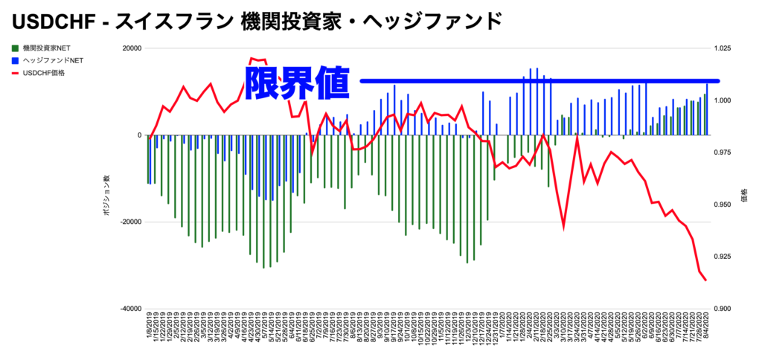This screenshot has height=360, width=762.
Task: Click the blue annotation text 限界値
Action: click(x=297, y=82)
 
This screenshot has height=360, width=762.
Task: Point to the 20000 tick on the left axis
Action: click(x=132, y=48)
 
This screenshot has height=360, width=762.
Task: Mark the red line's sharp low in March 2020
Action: click(x=563, y=227)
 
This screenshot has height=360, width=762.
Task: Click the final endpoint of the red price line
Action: click(x=705, y=280)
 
